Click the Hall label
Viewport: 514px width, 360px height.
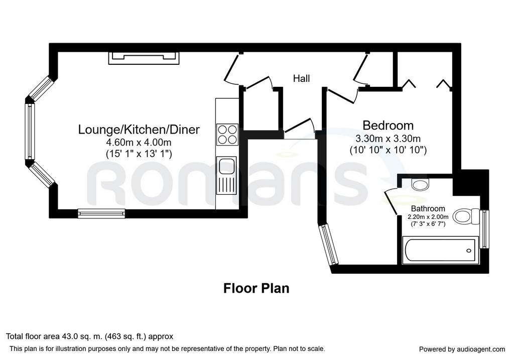click(301, 78)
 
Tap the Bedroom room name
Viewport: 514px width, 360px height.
click(388, 126)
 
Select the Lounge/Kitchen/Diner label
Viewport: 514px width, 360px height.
click(139, 130)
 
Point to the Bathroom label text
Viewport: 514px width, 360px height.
click(428, 208)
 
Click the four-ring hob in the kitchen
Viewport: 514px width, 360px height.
click(227, 135)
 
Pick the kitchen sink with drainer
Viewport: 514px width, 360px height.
click(226, 175)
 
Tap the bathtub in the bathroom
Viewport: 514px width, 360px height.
click(439, 250)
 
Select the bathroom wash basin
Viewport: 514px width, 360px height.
click(420, 185)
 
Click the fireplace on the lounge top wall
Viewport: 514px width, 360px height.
click(144, 58)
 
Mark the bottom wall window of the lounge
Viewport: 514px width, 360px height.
click(101, 213)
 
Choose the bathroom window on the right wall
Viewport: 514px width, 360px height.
click(484, 229)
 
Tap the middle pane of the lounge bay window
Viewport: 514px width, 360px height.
click(30, 132)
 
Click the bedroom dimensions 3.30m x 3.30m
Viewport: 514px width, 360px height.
click(388, 139)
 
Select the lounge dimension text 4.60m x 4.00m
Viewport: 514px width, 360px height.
click(139, 143)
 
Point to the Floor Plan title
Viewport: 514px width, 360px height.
click(256, 289)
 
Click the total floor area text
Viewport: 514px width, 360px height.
click(89, 336)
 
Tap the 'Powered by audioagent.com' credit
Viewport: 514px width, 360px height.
click(462, 349)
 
